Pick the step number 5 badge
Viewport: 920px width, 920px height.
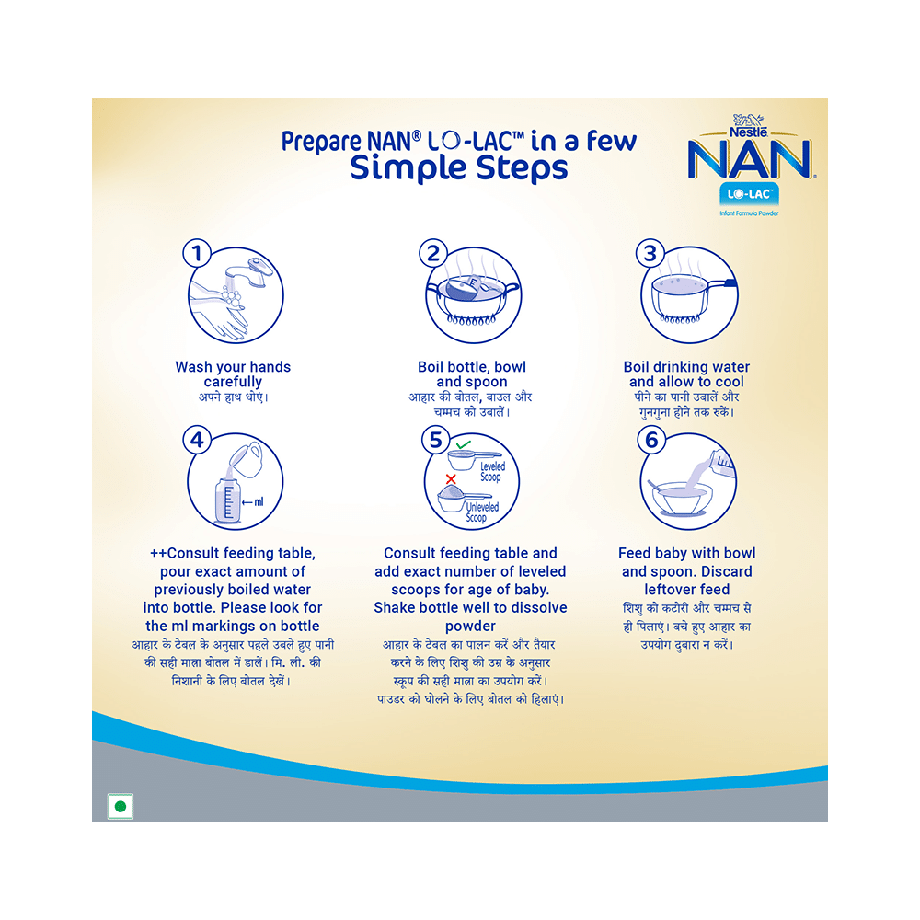click(x=436, y=440)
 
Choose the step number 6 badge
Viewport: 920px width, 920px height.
click(x=652, y=440)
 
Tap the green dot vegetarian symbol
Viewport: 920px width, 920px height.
click(x=120, y=807)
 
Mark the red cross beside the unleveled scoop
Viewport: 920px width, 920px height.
click(x=451, y=479)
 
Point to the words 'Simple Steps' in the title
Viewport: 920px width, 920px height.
click(x=459, y=169)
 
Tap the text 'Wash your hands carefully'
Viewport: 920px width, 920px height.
click(x=233, y=374)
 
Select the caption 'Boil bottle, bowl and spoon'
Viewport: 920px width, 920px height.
click(x=472, y=374)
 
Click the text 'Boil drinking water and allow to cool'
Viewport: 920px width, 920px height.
click(x=686, y=374)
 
